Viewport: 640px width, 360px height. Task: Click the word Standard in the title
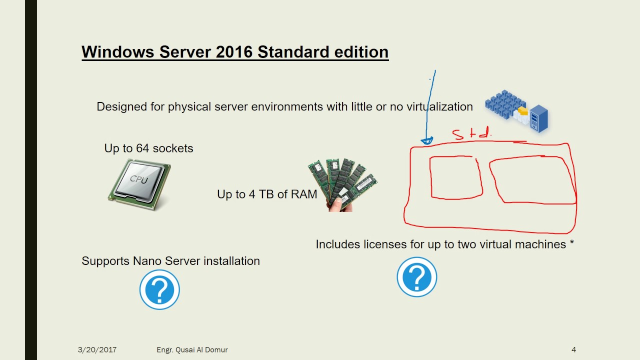click(289, 52)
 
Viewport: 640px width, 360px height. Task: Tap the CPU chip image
click(139, 184)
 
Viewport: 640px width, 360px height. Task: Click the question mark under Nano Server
click(159, 289)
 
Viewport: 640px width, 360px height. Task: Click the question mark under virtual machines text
click(417, 277)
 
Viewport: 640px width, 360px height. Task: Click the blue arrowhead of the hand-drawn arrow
click(426, 141)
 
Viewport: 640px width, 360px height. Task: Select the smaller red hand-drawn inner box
click(456, 177)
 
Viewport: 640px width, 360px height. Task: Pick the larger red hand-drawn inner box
click(532, 180)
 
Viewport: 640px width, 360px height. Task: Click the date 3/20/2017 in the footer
click(97, 350)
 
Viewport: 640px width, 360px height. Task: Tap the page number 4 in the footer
click(573, 350)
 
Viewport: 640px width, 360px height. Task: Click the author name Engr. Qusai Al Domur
click(192, 350)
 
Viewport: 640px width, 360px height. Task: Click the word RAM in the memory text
click(304, 194)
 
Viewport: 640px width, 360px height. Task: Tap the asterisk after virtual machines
click(571, 244)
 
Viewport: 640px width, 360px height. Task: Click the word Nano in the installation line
click(147, 261)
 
